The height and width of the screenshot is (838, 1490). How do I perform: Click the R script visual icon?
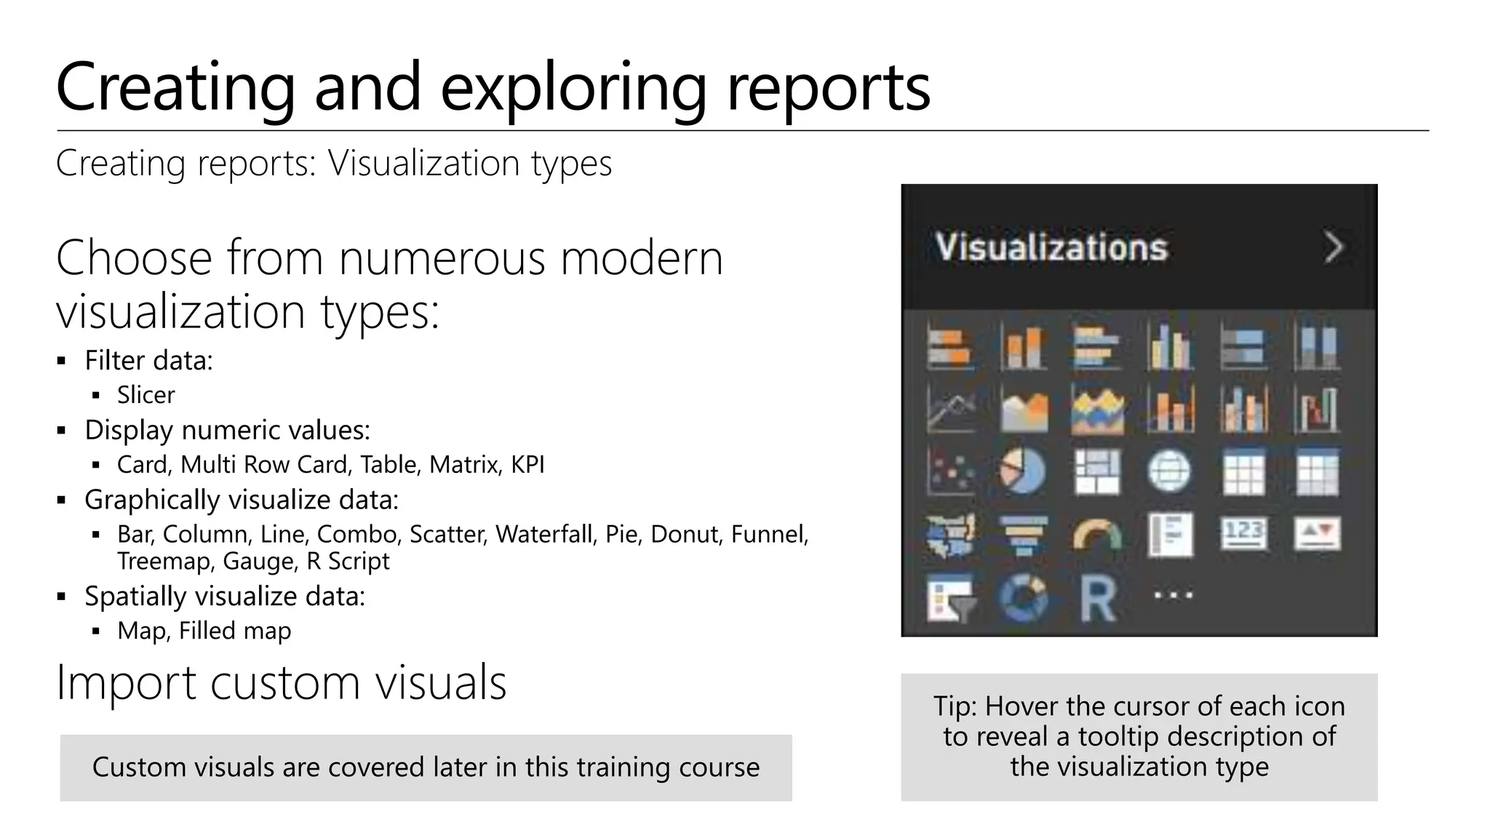[x=1097, y=599]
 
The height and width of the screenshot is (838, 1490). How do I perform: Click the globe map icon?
[x=1169, y=471]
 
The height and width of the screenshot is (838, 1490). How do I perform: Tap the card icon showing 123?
[x=1243, y=534]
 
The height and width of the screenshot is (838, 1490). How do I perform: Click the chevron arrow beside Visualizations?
[x=1334, y=247]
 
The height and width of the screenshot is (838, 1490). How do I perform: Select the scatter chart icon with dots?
[x=951, y=471]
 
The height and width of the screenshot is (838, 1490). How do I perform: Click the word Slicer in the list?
[x=146, y=395]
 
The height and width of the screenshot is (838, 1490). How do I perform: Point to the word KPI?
[x=527, y=464]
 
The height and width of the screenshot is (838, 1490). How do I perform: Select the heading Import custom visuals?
[x=281, y=682]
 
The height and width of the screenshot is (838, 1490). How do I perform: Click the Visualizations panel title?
[x=1051, y=247]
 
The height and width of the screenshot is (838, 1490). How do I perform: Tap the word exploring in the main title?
[x=573, y=87]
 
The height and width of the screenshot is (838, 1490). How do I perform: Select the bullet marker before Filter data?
[x=62, y=361]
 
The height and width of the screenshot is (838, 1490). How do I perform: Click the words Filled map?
[x=235, y=631]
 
